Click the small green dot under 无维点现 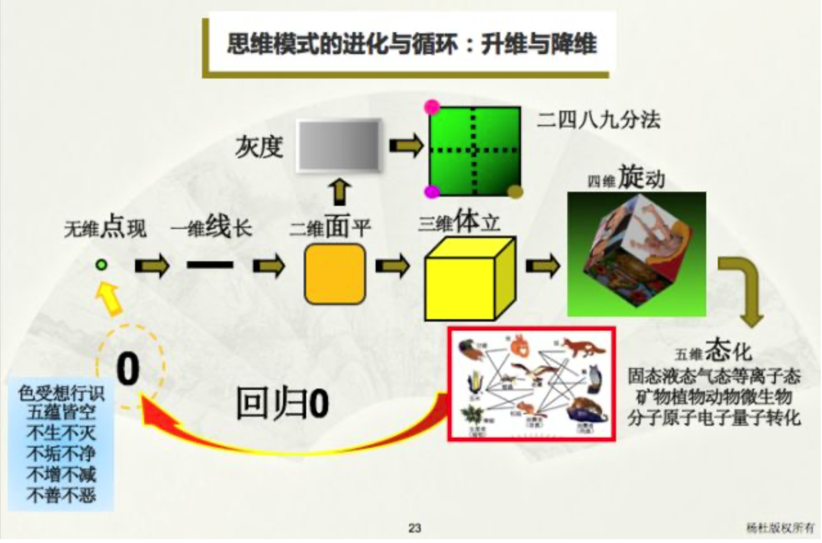(101, 264)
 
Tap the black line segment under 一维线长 (210, 264)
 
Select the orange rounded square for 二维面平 (334, 274)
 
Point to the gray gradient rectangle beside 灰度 (338, 145)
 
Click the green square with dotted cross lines (475, 149)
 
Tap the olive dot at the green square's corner (515, 191)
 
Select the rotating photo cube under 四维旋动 (636, 253)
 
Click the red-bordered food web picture (532, 383)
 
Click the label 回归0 (282, 404)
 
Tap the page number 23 (414, 528)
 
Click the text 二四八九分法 (599, 120)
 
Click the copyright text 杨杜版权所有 (780, 528)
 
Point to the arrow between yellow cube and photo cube (542, 265)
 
